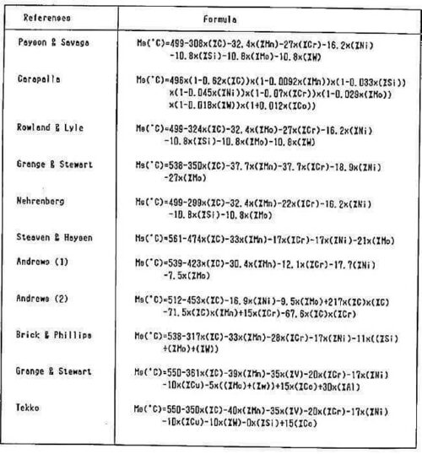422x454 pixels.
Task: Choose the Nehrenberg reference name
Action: point(42,203)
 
